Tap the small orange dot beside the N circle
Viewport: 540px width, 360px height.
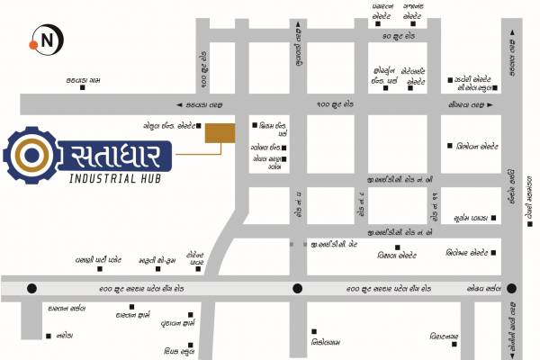[x=32, y=42]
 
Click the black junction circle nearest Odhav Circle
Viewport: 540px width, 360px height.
[x=511, y=289]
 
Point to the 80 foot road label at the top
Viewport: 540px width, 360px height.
[x=397, y=36]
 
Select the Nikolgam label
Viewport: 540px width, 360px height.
[x=328, y=342]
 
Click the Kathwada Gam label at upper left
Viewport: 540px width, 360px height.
[x=82, y=80]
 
